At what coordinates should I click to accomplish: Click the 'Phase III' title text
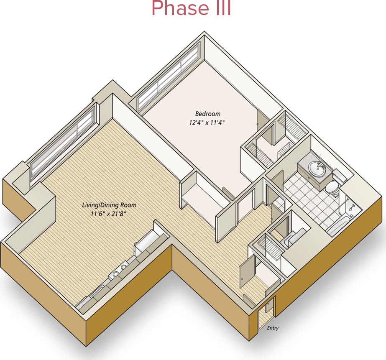[191, 9]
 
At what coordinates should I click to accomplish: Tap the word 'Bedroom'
[207, 114]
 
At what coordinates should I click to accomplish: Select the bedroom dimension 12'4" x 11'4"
[207, 123]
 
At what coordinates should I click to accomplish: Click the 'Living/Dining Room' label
[109, 205]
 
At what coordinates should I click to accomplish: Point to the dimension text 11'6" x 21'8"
[108, 214]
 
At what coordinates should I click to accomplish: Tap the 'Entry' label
[273, 328]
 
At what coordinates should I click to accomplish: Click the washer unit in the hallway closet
[289, 240]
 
